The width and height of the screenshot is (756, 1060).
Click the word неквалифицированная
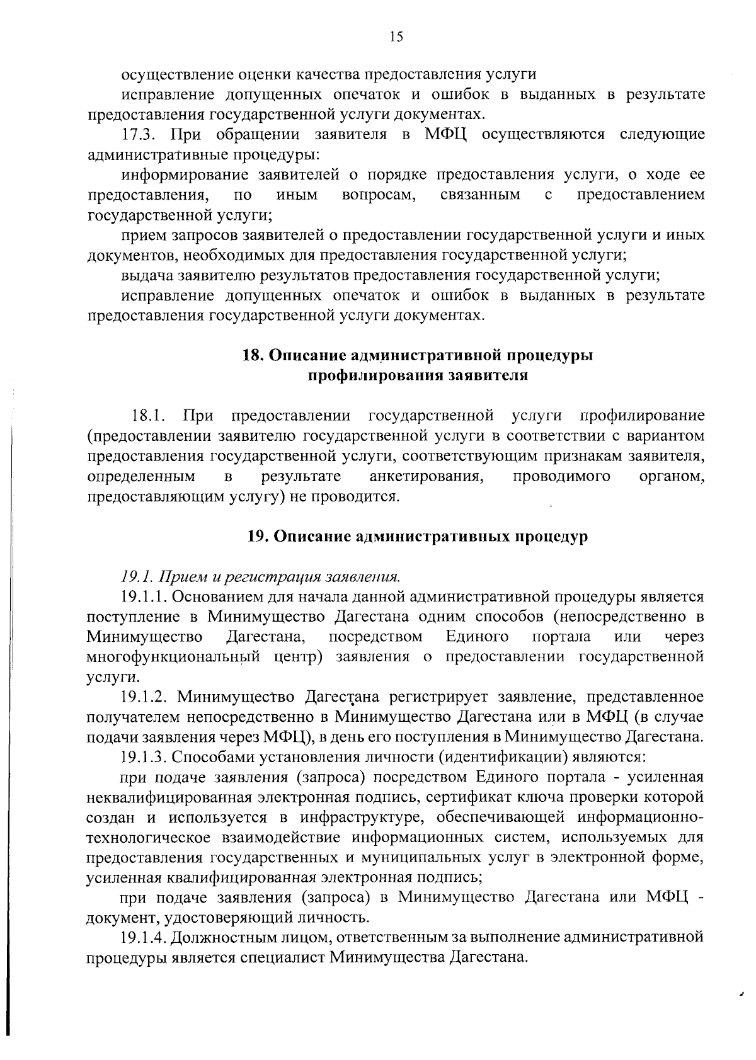171,797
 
